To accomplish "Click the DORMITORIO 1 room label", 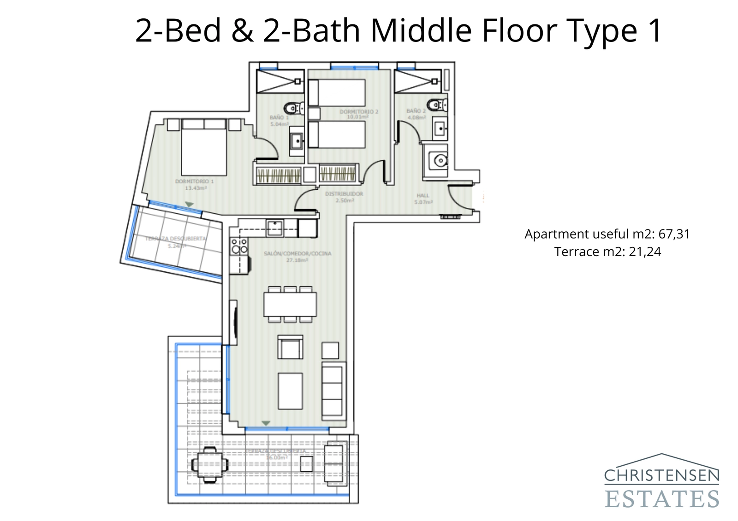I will coord(194,185).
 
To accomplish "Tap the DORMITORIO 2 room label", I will coord(359,114).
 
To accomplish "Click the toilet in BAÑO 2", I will coord(436,105).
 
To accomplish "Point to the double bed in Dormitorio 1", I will coord(204,147).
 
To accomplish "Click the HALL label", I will coord(423,199).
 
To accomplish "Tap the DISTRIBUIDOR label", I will coord(344,197).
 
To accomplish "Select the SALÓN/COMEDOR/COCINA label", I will coord(297,257).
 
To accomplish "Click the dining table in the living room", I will coord(290,304).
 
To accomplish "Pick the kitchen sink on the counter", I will coord(275,228).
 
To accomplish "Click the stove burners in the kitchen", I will coord(239,246).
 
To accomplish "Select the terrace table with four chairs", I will coord(210,464).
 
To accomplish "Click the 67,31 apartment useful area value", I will coord(674,234).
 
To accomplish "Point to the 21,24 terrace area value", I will coord(644,252).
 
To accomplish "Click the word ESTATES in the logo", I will coord(661,499).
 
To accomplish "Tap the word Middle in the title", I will coord(422,31).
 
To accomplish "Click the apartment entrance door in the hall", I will coord(459,196).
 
